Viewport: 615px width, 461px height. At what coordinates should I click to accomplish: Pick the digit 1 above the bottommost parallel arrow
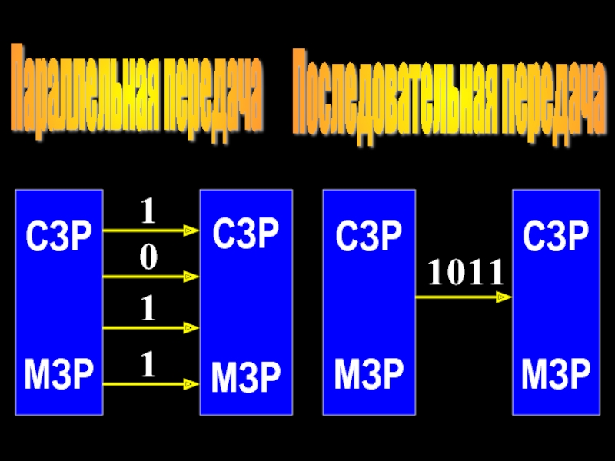click(x=148, y=365)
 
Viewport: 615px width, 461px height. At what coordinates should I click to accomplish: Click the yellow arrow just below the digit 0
click(x=151, y=277)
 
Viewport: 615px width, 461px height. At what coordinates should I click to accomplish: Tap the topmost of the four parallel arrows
click(x=151, y=229)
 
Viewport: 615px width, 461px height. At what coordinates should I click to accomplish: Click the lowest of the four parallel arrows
click(x=151, y=382)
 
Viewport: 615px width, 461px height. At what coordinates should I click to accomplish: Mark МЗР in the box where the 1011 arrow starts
click(x=369, y=374)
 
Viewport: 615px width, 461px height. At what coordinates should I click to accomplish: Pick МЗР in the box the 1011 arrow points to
click(x=557, y=374)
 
